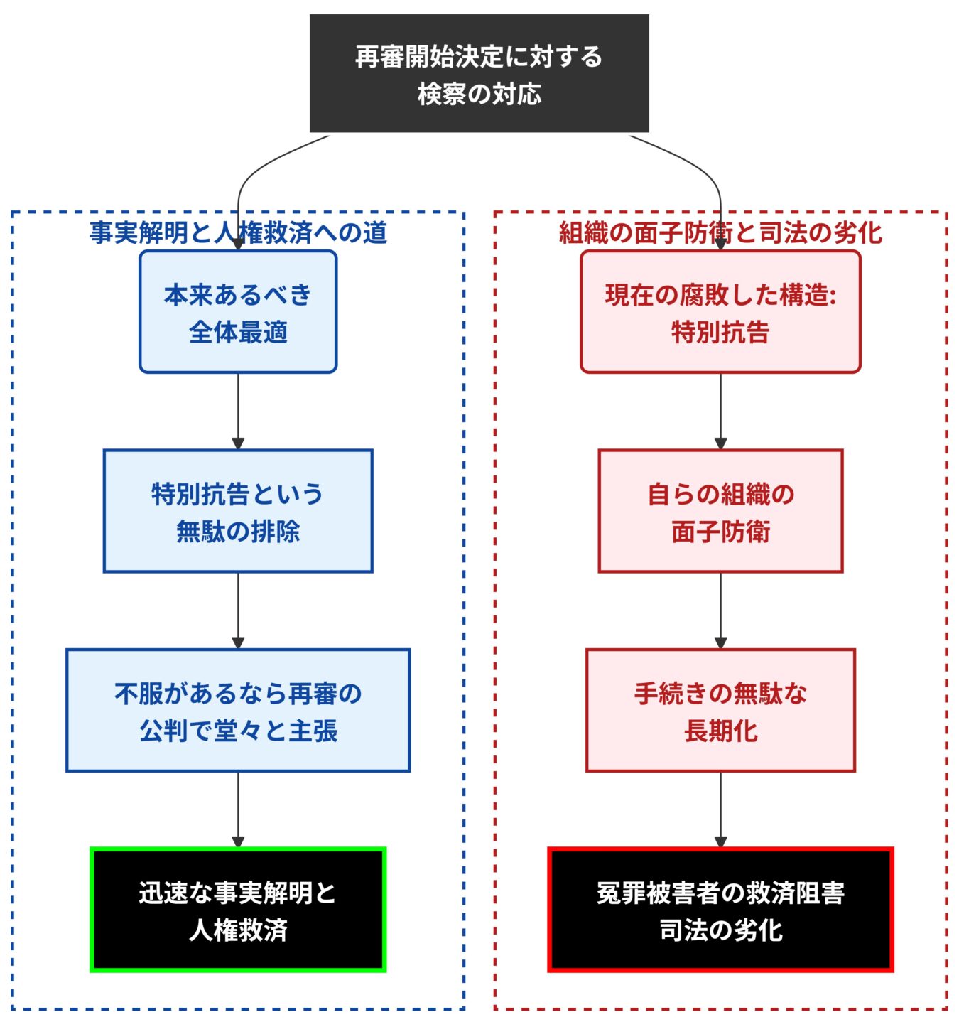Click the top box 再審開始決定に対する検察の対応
point(479,73)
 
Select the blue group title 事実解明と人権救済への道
point(238,232)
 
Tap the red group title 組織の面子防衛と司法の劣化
point(720,232)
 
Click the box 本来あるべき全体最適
point(238,312)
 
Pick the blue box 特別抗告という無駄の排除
point(238,511)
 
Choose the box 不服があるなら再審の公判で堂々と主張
point(238,710)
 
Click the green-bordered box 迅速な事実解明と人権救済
point(238,910)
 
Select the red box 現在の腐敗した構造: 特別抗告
point(720,312)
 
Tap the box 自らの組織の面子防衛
point(720,511)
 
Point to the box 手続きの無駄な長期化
point(720,710)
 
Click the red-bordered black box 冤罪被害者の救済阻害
point(720,910)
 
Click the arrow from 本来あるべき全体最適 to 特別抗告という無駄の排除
point(238,411)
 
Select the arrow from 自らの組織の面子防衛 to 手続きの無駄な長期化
point(720,610)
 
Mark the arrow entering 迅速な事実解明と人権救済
point(238,809)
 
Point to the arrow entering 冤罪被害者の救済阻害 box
point(720,809)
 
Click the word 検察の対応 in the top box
point(479,94)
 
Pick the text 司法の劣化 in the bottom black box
point(720,930)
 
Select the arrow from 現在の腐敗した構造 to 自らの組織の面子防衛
point(720,411)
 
